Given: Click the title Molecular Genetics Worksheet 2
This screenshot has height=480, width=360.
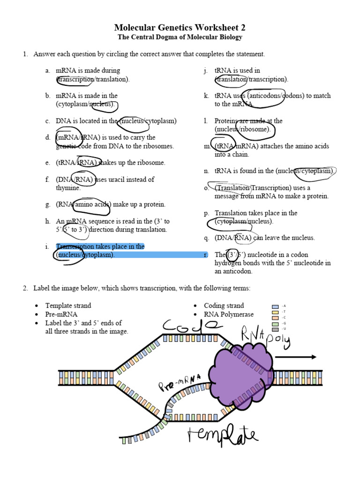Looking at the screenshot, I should point(180,28).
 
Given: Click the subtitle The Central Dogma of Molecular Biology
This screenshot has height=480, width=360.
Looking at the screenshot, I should point(180,37).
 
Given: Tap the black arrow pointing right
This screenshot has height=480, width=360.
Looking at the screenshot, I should point(295,357).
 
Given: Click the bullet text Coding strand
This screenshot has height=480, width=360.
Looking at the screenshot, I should point(224,306).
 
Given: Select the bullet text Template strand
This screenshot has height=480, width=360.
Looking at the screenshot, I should point(68,306).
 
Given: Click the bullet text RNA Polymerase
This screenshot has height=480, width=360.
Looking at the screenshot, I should point(229,315).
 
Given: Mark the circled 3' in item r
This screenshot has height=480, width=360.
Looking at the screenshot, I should point(232,255).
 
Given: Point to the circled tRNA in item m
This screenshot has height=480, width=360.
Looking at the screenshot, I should point(223,146).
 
